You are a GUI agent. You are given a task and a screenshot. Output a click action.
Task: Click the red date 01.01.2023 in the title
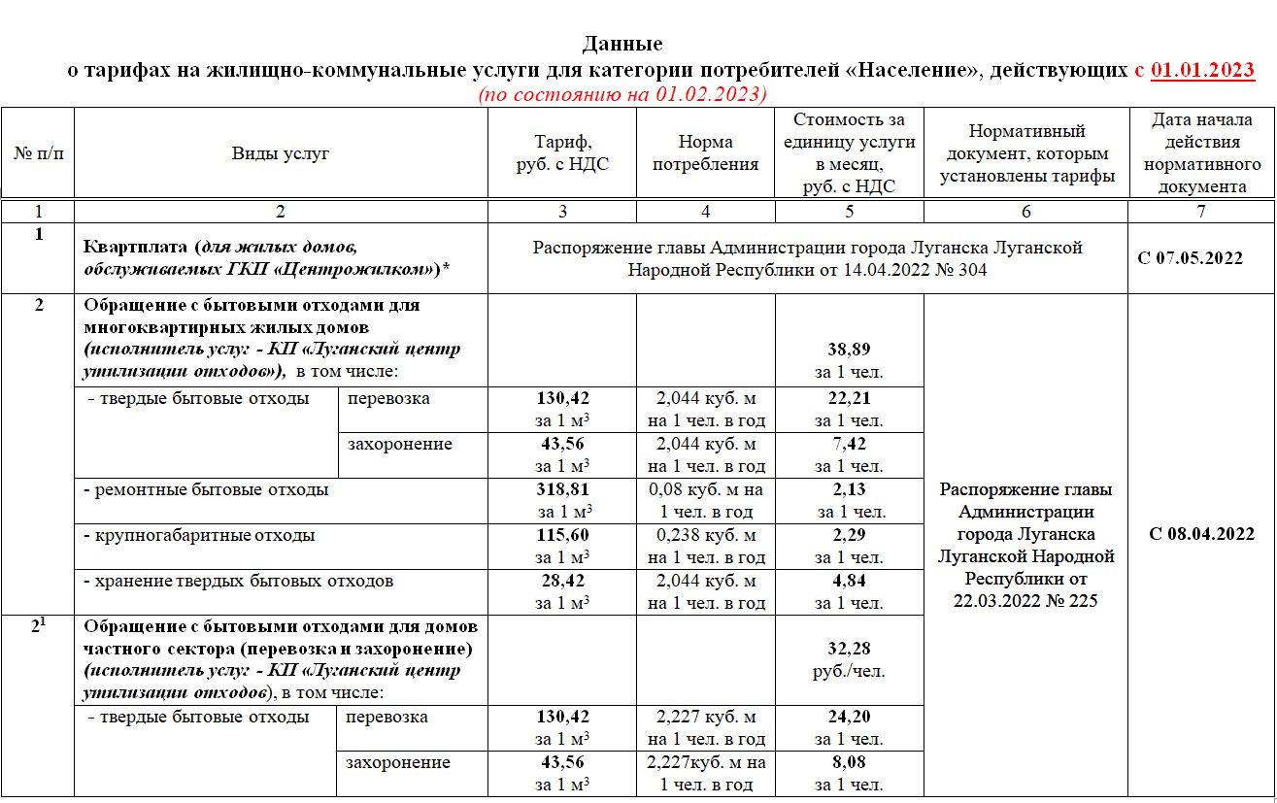pyautogui.click(x=1202, y=70)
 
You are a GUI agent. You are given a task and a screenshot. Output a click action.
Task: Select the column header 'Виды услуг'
pyautogui.click(x=281, y=153)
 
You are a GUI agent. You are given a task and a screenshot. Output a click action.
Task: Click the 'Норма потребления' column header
pyautogui.click(x=705, y=153)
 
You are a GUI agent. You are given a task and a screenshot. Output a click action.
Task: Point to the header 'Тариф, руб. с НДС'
pyautogui.click(x=562, y=153)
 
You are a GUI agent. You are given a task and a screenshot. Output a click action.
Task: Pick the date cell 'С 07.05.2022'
pyautogui.click(x=1201, y=258)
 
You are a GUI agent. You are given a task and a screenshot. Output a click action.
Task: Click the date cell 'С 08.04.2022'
pyautogui.click(x=1201, y=534)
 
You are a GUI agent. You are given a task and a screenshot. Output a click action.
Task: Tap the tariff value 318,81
pyautogui.click(x=563, y=489)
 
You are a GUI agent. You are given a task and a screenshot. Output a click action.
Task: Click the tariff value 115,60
pyautogui.click(x=563, y=535)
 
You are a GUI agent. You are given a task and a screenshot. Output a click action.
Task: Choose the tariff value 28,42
pyautogui.click(x=563, y=581)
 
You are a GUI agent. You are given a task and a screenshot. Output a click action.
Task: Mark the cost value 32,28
pyautogui.click(x=849, y=649)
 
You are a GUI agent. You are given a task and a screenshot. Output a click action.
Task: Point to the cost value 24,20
pyautogui.click(x=849, y=718)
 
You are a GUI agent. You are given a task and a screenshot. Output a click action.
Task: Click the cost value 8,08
pyautogui.click(x=849, y=763)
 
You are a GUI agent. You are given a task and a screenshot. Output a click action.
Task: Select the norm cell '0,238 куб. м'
pyautogui.click(x=705, y=535)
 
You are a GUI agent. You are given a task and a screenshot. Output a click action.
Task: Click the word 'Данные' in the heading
pyautogui.click(x=622, y=44)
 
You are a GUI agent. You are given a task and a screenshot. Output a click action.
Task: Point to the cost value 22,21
pyautogui.click(x=849, y=398)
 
